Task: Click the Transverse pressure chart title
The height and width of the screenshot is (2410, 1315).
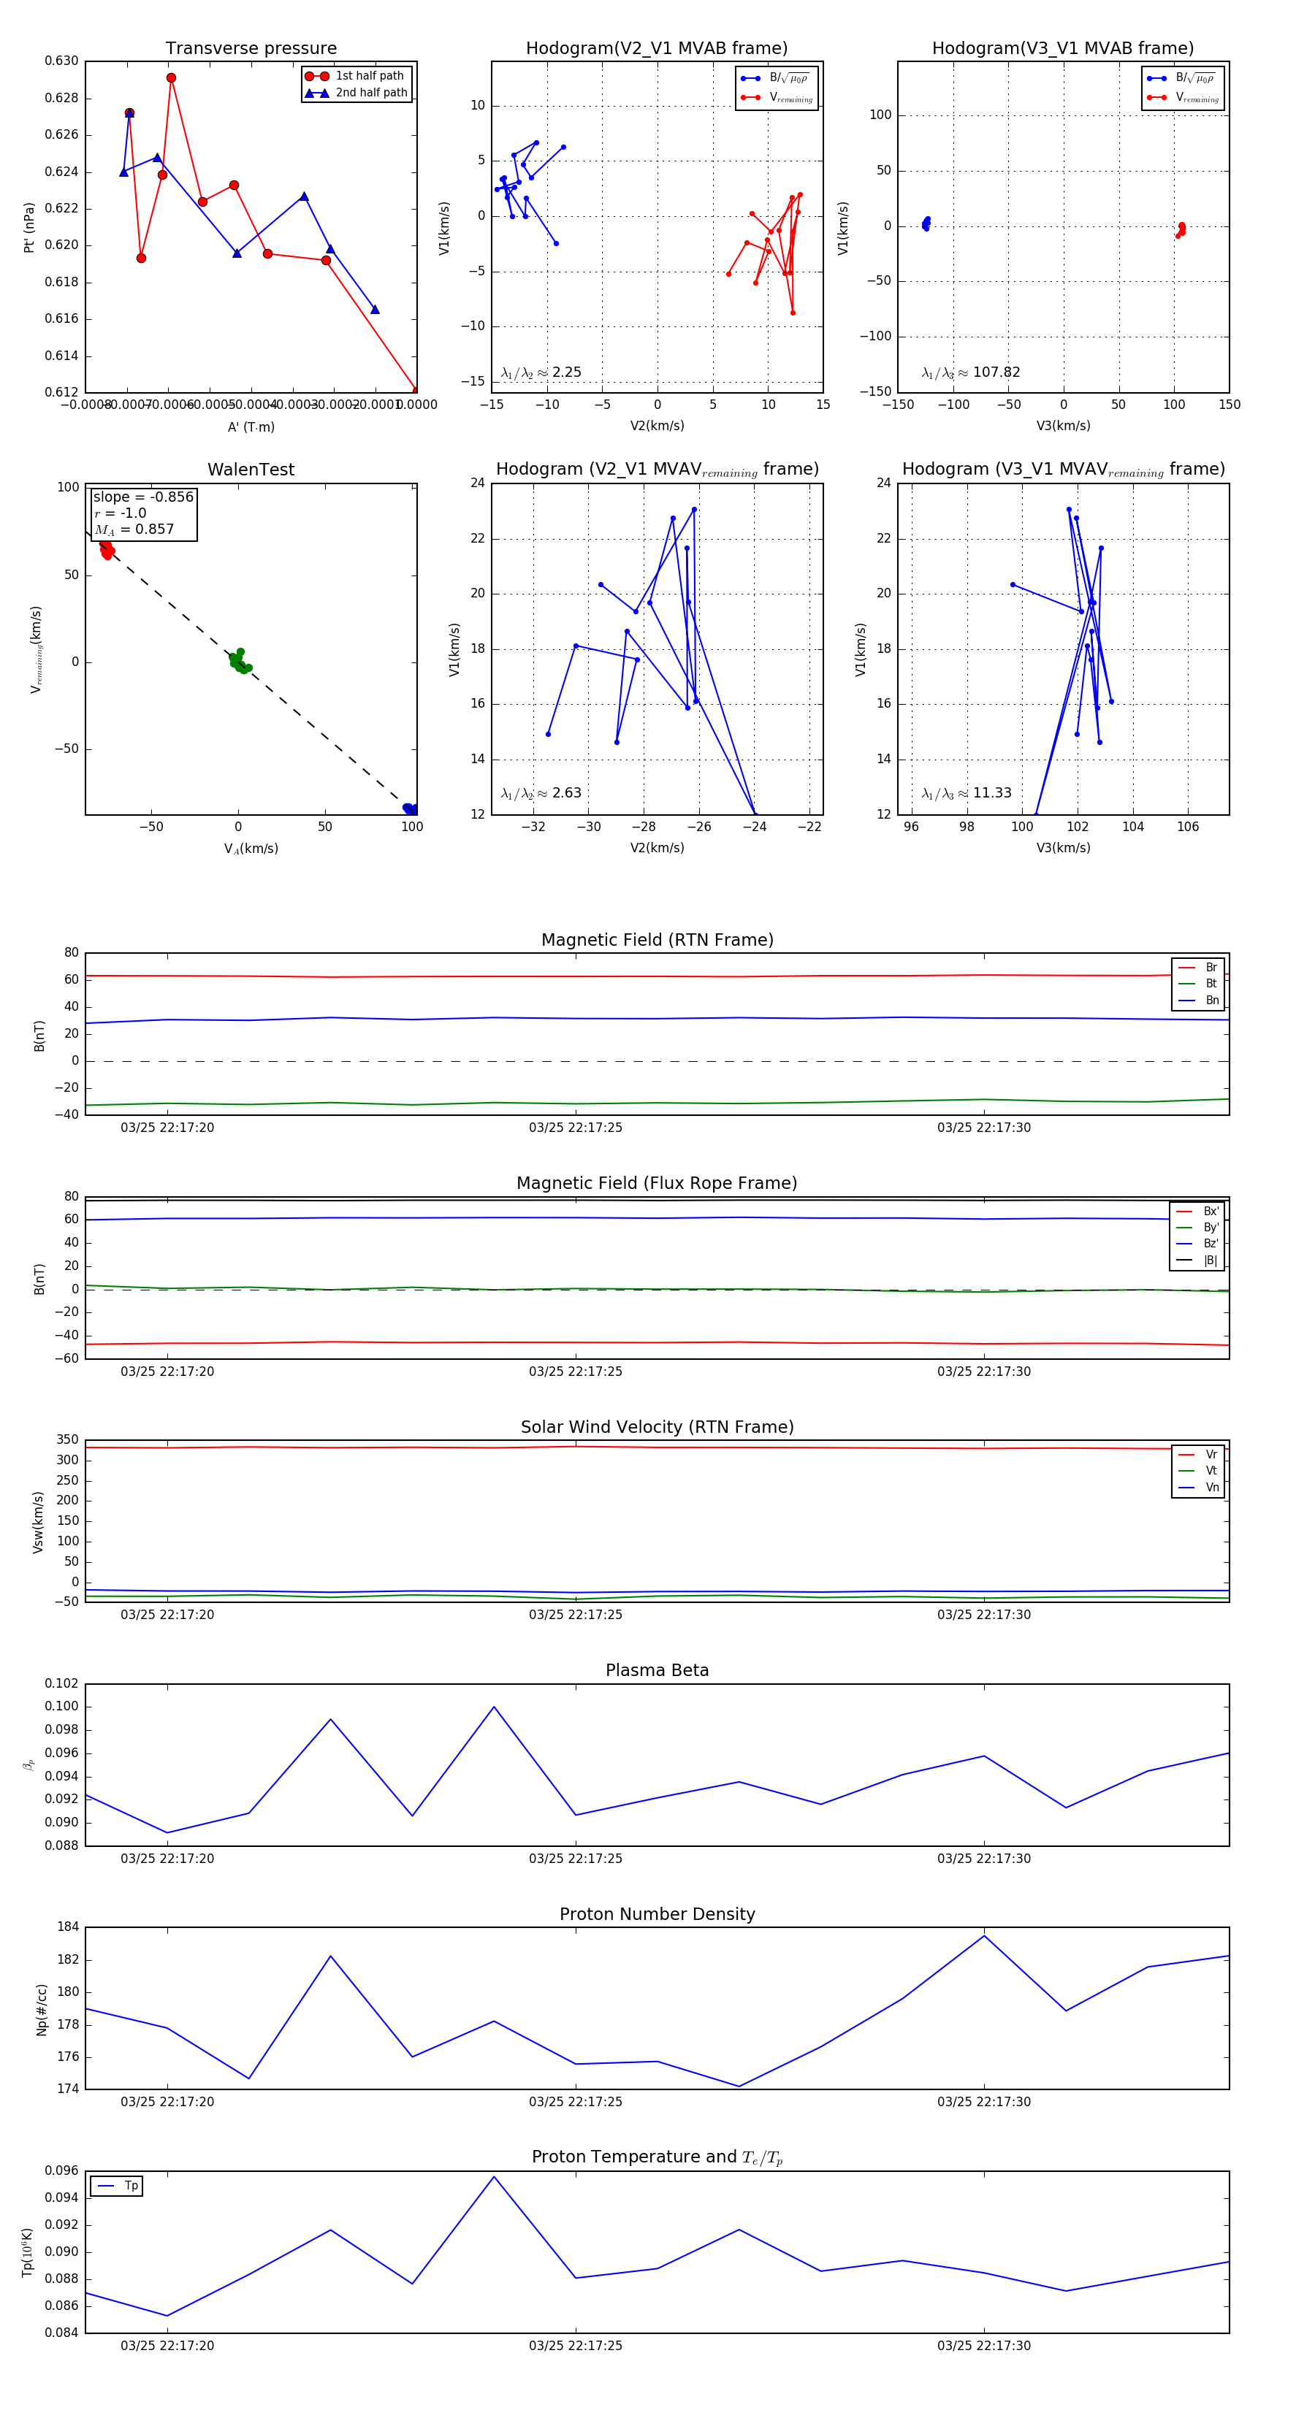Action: [251, 49]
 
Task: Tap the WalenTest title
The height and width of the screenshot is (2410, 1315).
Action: [251, 470]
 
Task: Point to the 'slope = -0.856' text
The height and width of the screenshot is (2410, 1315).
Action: [143, 497]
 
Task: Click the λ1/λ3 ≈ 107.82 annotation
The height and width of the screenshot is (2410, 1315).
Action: [971, 372]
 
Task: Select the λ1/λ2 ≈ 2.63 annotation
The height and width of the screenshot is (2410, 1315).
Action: [541, 793]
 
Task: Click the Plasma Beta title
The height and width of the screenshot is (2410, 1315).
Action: [657, 1670]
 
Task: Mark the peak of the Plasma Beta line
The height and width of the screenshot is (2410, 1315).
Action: [494, 1707]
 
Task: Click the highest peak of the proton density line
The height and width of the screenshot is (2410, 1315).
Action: [983, 1935]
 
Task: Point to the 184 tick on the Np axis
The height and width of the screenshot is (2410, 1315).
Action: [67, 1927]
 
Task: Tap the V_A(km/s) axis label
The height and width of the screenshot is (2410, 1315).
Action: [251, 849]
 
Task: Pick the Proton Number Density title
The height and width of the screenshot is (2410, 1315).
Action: [657, 1914]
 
